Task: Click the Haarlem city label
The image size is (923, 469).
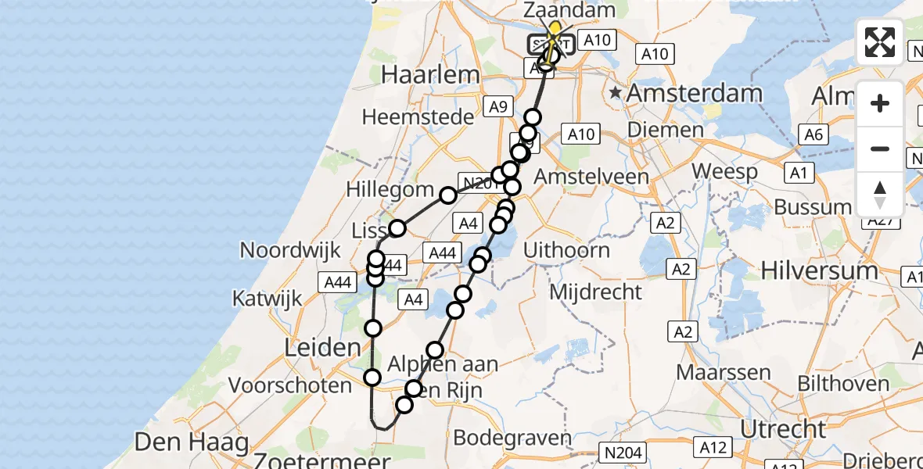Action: click(429, 76)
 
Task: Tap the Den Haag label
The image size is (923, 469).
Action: click(191, 442)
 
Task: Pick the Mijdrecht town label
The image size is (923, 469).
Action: click(596, 292)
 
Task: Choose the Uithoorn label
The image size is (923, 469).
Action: click(566, 251)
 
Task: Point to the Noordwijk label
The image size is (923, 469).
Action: click(290, 251)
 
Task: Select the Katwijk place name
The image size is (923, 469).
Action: click(267, 299)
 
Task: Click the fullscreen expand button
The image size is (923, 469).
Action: click(880, 42)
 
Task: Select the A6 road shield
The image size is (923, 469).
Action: click(813, 135)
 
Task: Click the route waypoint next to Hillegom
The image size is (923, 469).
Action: click(447, 195)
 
